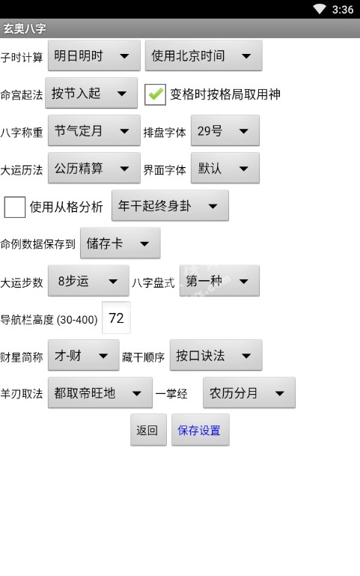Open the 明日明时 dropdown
pyautogui.click(x=94, y=56)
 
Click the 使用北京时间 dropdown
pyautogui.click(x=204, y=56)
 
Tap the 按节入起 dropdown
pyautogui.click(x=91, y=94)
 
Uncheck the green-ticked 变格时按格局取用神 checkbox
pyautogui.click(x=155, y=94)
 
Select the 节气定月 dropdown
pyautogui.click(x=94, y=131)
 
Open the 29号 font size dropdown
pyautogui.click(x=225, y=131)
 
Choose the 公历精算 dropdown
pyautogui.click(x=94, y=169)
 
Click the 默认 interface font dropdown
pyautogui.click(x=225, y=169)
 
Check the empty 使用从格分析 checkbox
pyautogui.click(x=15, y=207)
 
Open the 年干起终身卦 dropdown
pyautogui.click(x=170, y=206)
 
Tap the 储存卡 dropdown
pyautogui.click(x=120, y=243)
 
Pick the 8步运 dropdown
pyautogui.click(x=88, y=281)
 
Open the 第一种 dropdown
pyautogui.click(x=219, y=281)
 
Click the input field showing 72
pyautogui.click(x=116, y=318)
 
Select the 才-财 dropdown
pyautogui.click(x=84, y=356)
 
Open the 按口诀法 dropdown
pyautogui.click(x=216, y=356)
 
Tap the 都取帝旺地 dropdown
pyautogui.click(x=100, y=393)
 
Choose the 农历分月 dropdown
pyautogui.click(x=249, y=393)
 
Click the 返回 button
pyautogui.click(x=148, y=430)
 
